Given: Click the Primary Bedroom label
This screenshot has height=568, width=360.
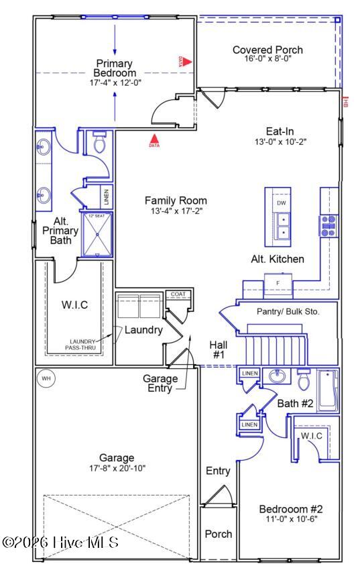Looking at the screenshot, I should coord(115,68).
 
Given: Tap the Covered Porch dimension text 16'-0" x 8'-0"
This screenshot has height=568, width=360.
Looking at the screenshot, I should coord(267,59).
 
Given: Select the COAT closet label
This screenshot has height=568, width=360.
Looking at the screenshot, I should coord(178,294).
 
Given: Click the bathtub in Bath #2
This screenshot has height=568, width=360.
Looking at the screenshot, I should coord(328,390).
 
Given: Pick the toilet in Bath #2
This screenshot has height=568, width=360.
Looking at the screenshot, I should coord(304,382).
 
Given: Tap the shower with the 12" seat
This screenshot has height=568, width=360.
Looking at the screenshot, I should coord(99,234).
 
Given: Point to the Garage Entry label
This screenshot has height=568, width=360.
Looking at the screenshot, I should coord(161,383).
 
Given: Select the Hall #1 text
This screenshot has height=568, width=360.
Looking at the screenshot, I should coord(219,349).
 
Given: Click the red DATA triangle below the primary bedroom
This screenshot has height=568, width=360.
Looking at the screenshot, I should coord(154,140).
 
